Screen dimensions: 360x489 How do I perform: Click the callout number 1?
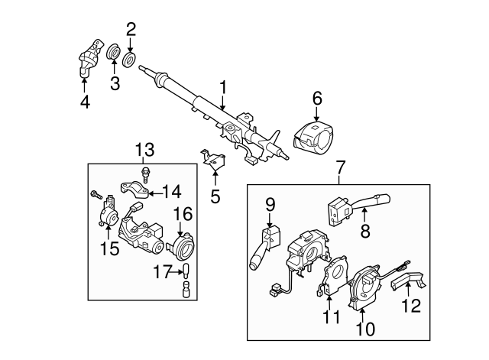coord(223,89)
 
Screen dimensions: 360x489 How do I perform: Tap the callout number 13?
coord(144,148)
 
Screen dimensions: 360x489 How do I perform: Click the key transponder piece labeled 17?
coord(183,271)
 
